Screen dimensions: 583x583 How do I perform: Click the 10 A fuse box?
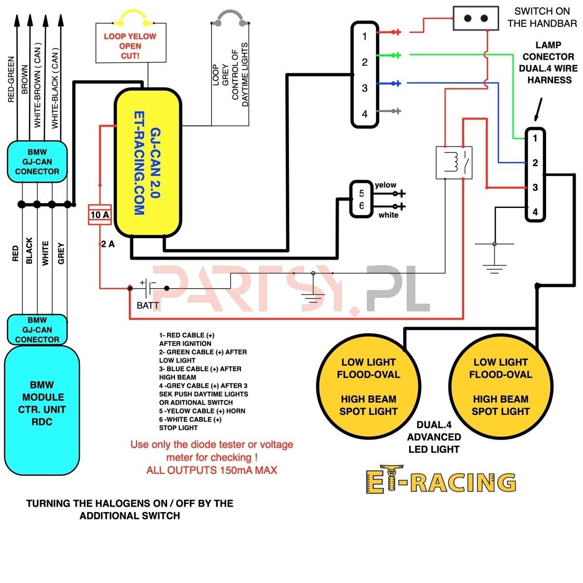click(x=100, y=215)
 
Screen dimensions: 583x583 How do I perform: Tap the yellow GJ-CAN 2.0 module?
click(x=148, y=162)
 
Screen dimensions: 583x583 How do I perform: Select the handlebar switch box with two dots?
click(x=475, y=18)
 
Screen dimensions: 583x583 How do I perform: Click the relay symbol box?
click(x=454, y=162)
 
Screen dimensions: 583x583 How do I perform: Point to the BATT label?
click(x=148, y=305)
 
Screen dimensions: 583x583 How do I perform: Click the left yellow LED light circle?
click(x=368, y=386)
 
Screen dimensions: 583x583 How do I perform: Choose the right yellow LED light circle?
click(x=501, y=386)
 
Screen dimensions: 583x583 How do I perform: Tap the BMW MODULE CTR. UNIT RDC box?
click(x=42, y=410)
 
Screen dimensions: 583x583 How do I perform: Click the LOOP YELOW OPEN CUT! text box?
click(x=131, y=43)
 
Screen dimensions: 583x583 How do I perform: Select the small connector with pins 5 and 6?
click(x=361, y=199)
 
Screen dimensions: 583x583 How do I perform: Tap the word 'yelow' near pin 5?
click(x=385, y=185)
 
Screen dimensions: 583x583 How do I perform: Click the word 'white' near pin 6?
click(x=388, y=215)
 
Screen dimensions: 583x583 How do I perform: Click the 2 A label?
click(x=108, y=244)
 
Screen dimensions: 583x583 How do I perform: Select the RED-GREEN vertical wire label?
click(x=11, y=79)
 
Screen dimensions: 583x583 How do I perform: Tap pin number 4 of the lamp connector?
click(x=535, y=212)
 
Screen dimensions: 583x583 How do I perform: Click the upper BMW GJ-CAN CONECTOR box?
click(x=37, y=162)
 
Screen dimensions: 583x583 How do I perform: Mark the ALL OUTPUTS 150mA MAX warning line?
click(x=212, y=470)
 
